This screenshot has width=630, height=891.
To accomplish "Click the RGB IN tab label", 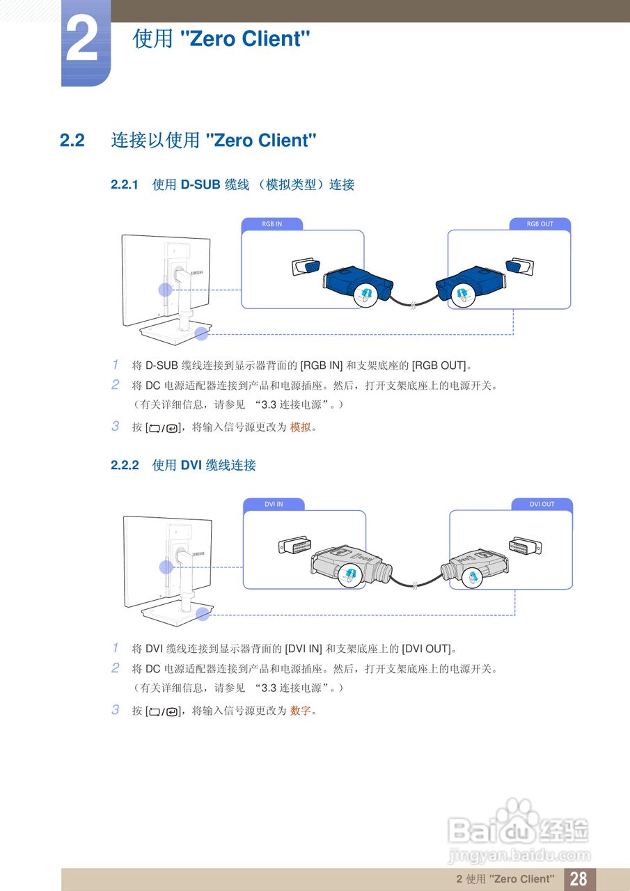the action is click(272, 224).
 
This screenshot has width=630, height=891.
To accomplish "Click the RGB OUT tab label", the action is click(540, 224).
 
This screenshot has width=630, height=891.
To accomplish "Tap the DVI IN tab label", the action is click(274, 504).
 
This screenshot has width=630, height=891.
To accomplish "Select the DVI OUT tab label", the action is click(542, 504).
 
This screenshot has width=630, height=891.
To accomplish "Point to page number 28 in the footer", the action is click(578, 878).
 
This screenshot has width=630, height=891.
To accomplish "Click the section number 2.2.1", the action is click(125, 184).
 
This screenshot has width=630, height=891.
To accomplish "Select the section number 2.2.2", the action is click(125, 465).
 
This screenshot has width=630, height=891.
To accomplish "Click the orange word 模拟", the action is click(300, 427).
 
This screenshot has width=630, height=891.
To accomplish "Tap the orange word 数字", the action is click(300, 711).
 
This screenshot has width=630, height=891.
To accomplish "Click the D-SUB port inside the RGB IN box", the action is click(306, 267).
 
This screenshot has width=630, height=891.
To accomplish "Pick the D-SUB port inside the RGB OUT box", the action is click(519, 267).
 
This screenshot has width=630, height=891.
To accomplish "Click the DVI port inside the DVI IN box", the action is click(294, 546).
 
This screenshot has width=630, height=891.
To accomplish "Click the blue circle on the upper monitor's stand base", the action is click(202, 333).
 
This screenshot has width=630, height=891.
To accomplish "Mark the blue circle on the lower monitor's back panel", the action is click(166, 567).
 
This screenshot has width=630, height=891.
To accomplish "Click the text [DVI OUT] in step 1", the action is click(427, 649).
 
